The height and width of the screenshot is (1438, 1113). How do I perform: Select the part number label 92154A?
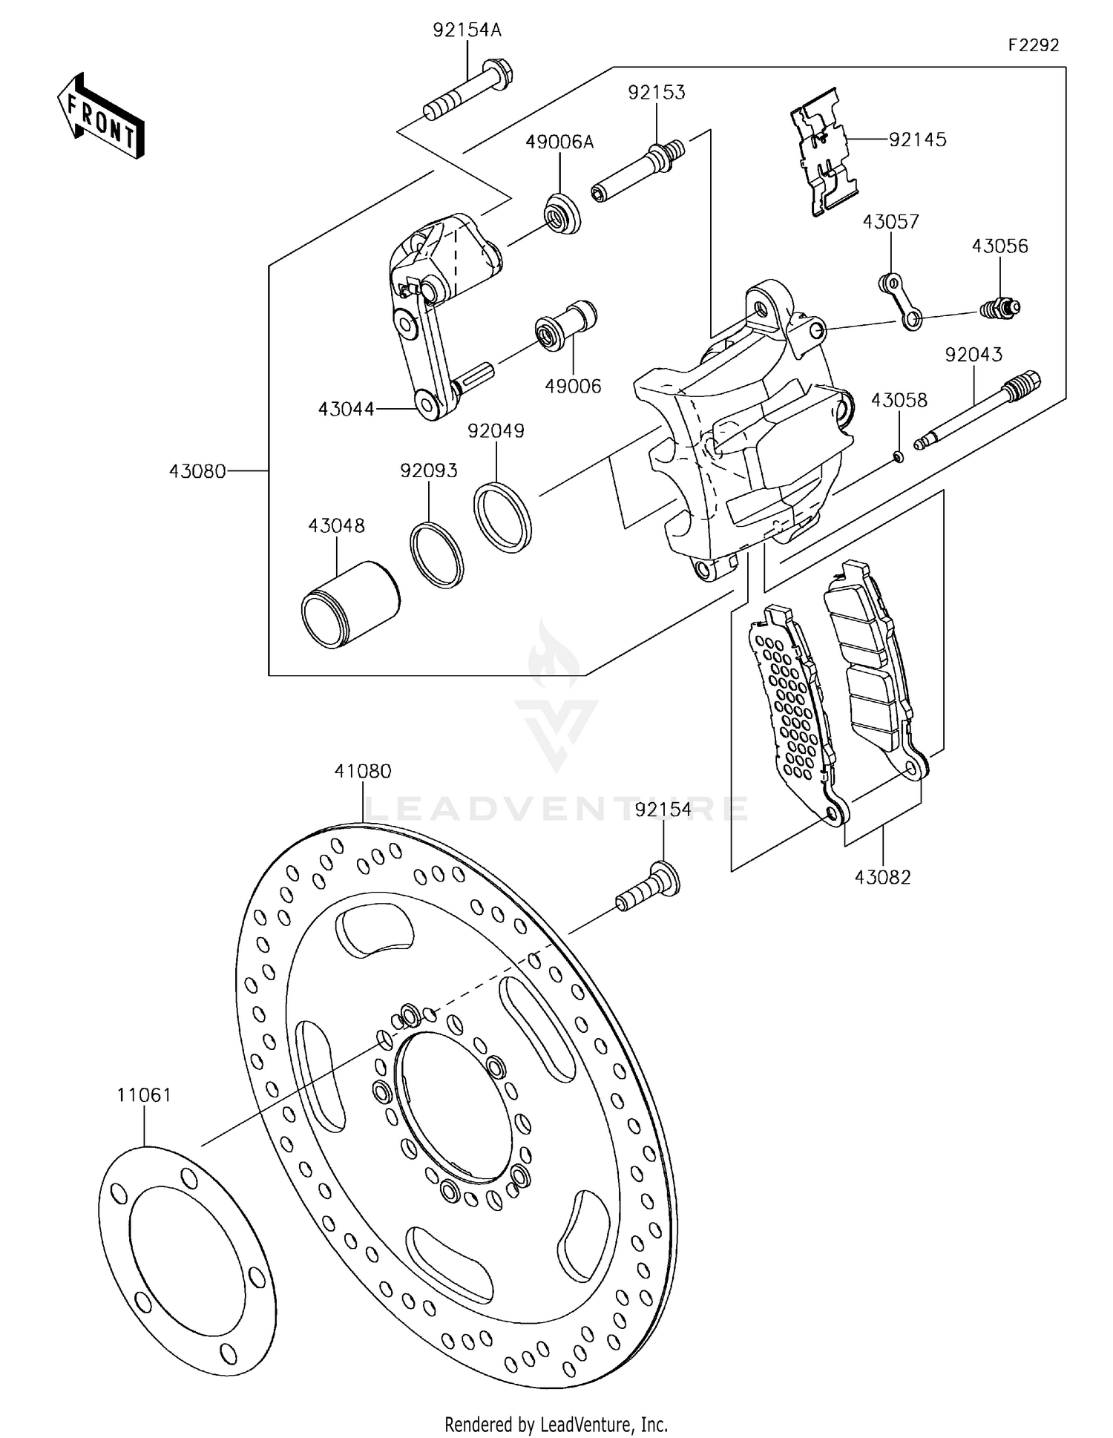click(467, 30)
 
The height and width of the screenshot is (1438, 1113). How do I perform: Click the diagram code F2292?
click(1033, 45)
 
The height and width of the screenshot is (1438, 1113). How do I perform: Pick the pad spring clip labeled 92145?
click(824, 152)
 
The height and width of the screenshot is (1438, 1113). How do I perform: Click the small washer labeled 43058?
click(899, 456)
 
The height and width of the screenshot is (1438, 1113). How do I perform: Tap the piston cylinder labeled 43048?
click(349, 604)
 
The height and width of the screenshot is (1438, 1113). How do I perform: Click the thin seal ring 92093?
click(436, 555)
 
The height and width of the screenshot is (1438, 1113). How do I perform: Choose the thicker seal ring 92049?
click(502, 517)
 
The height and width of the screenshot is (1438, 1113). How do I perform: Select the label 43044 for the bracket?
click(346, 408)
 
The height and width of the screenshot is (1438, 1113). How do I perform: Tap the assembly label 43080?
click(197, 470)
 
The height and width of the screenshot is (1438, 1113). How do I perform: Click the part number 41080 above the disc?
click(363, 771)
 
